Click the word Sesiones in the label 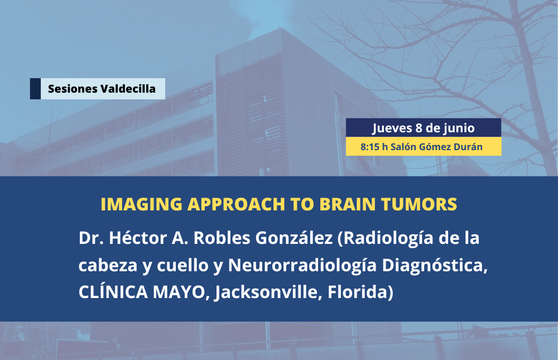[x=73, y=89]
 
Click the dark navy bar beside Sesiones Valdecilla [x=35, y=89]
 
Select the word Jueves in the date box [x=392, y=128]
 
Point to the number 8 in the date [x=419, y=128]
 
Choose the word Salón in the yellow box [x=403, y=147]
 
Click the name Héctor [x=137, y=238]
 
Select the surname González [x=294, y=238]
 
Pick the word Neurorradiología [x=302, y=265]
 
